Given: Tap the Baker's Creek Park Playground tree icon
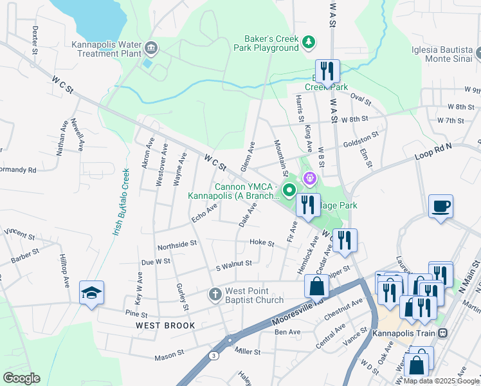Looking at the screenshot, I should (x=309, y=42).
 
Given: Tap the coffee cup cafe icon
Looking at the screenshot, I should (x=440, y=207).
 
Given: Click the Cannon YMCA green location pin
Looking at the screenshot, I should (x=289, y=189).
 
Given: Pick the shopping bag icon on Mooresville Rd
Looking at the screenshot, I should (x=316, y=286).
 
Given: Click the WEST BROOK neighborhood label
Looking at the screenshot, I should (x=165, y=326).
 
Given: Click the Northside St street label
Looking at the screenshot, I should (x=177, y=244).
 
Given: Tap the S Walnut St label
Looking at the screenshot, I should (x=233, y=262).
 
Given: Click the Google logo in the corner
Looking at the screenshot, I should (x=21, y=378).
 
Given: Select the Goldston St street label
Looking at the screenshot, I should (x=360, y=138).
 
